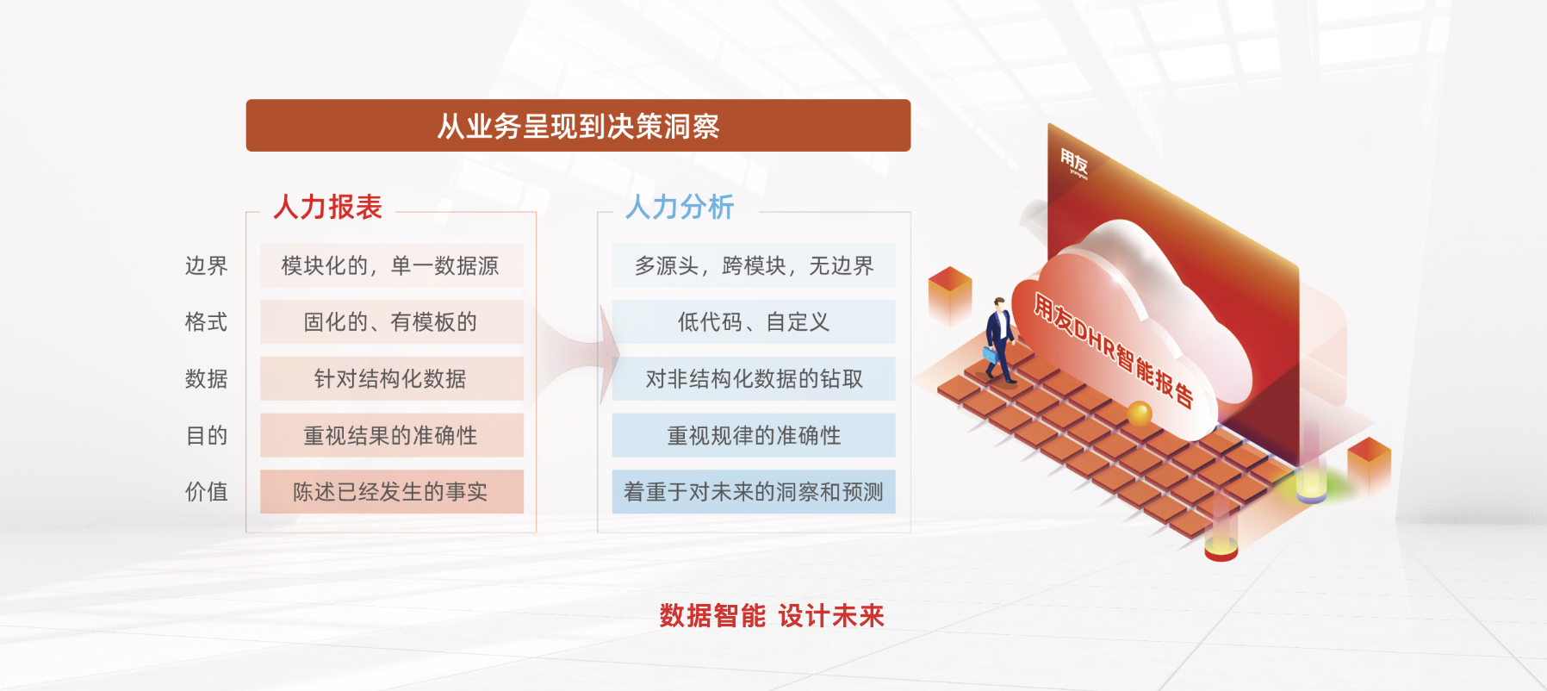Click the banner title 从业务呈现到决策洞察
point(578,127)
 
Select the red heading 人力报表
point(327,207)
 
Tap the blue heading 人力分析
point(680,207)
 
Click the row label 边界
point(207,265)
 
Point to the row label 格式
point(207,322)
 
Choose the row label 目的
point(207,435)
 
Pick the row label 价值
point(207,492)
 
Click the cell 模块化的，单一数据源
point(392,265)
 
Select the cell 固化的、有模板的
point(392,322)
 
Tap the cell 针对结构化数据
point(392,378)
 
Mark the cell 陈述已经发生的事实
point(392,492)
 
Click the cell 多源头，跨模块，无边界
point(754,265)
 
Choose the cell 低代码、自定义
point(754,322)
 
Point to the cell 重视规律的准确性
point(754,435)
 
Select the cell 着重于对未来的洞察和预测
point(754,492)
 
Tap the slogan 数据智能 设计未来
point(772,616)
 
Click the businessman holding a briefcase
point(999,339)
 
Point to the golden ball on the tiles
point(1140,414)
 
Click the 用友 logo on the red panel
point(1074,162)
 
